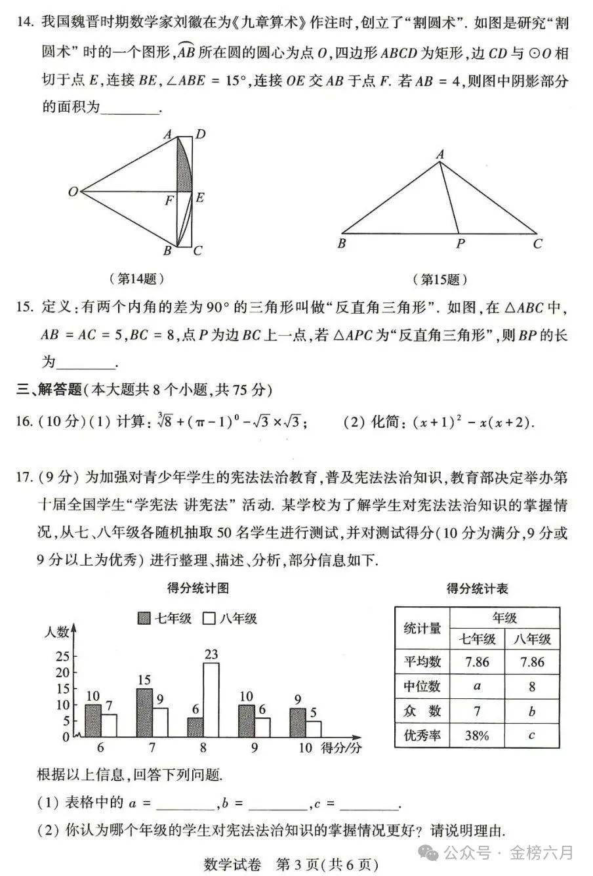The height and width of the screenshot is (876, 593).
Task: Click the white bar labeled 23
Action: (x=211, y=699)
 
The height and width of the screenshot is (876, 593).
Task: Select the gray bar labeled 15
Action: (x=144, y=712)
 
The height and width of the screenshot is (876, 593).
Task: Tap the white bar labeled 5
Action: (x=314, y=728)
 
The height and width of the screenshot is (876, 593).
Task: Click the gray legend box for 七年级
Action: (x=144, y=618)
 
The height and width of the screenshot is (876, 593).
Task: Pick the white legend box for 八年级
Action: (x=210, y=618)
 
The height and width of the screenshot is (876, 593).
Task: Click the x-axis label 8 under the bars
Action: (x=203, y=748)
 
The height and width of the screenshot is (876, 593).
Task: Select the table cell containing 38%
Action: (x=477, y=735)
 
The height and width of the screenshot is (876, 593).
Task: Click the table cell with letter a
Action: (x=477, y=686)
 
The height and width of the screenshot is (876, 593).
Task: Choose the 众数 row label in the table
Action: (x=422, y=711)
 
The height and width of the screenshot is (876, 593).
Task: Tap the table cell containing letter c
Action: (x=531, y=735)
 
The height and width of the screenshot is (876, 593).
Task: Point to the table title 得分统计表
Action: (x=477, y=588)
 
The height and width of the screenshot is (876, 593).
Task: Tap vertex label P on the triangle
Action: (x=460, y=244)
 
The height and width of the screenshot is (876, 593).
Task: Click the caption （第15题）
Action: (x=440, y=280)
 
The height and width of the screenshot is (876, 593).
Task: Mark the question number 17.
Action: (x=24, y=478)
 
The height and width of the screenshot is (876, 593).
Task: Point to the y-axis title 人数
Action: (x=57, y=633)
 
